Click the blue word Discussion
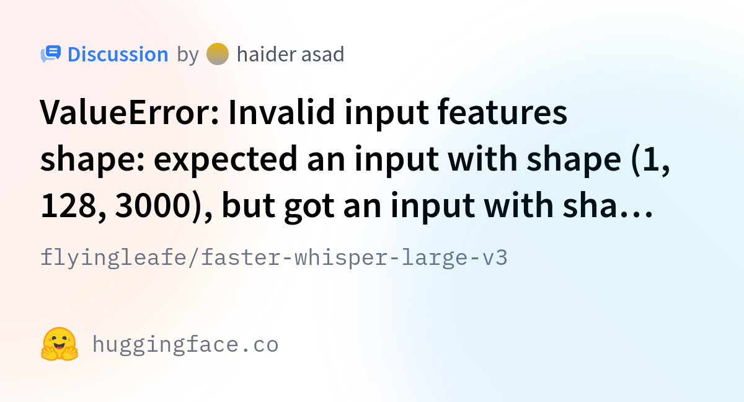click(x=118, y=54)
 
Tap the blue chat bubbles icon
click(x=51, y=54)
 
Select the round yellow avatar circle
click(x=218, y=54)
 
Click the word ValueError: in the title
click(x=129, y=112)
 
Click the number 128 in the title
click(x=73, y=206)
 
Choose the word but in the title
click(x=249, y=205)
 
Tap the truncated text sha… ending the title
click(x=607, y=205)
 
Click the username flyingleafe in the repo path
click(x=113, y=258)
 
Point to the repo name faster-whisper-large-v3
click(x=354, y=258)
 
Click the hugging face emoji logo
click(x=60, y=344)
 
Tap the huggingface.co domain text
click(x=185, y=345)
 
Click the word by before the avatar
click(x=188, y=55)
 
